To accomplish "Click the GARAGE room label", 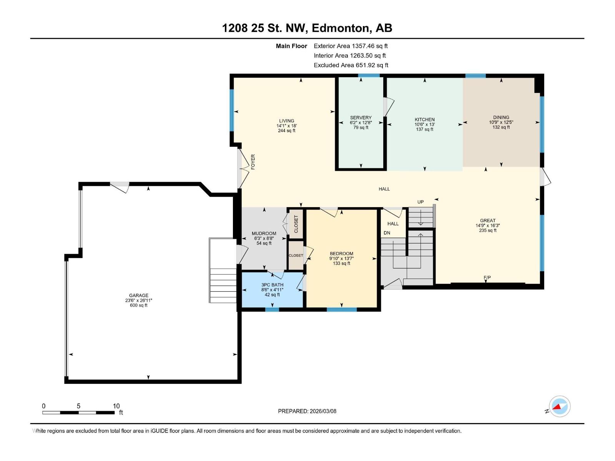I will coord(138,295).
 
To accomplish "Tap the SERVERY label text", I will coord(361,118).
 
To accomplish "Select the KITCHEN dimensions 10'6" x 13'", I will coord(424,124).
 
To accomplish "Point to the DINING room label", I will coord(501,117).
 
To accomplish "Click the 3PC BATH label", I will coord(272,285).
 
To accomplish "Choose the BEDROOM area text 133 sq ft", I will coord(341,264).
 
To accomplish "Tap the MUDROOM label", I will coord(264,233).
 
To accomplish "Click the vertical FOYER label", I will coord(253,162).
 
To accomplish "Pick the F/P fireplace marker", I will coord(487,277).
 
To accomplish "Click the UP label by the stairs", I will coord(421,202).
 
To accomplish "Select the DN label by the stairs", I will coord(387,233).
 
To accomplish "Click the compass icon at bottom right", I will coord(560,406).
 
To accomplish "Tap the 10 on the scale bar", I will coord(116,406).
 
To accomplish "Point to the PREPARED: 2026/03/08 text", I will coord(307,411).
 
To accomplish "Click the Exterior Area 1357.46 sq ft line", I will coord(351,46).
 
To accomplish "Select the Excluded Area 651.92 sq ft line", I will coord(351,65).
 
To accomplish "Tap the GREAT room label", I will coord(487,221).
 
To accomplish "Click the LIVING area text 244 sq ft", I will coord(286,131).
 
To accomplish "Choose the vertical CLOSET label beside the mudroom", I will coord(296,224).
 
